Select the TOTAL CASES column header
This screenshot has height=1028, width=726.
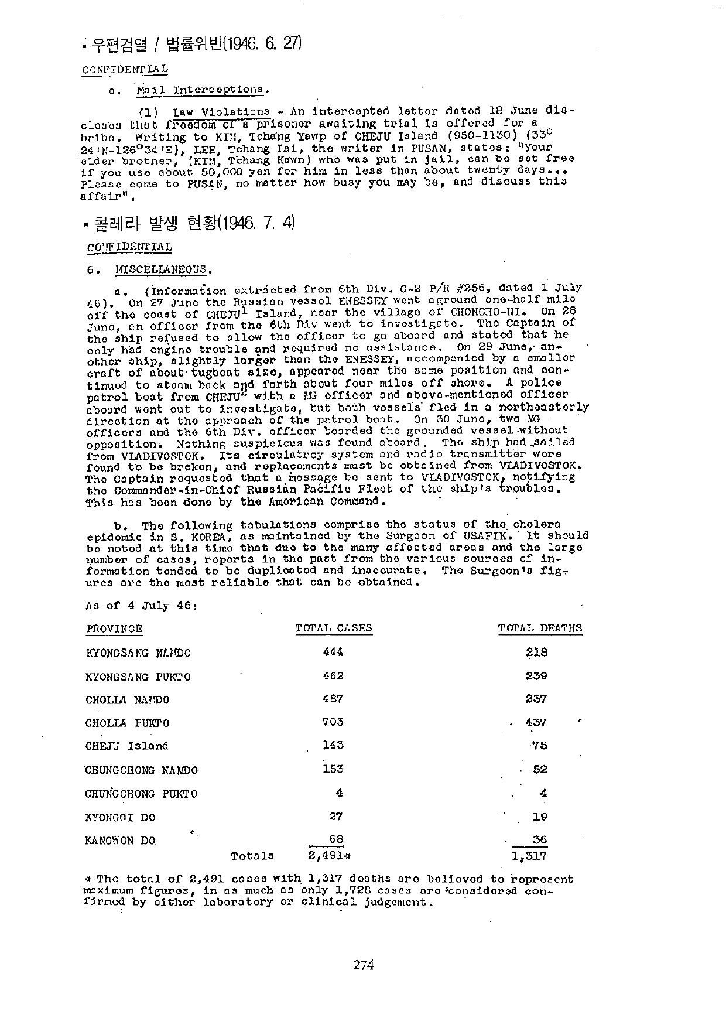333,629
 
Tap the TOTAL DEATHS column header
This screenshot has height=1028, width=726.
540,629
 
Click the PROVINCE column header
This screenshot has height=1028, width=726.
114,629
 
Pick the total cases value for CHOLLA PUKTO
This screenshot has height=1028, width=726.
333,722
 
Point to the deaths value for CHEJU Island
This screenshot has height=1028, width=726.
539,746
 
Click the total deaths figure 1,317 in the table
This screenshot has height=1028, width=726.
529,856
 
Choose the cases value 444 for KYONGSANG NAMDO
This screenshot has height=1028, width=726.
333,652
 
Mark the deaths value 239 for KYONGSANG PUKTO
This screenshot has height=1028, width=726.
536,675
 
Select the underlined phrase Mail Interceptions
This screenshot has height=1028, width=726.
202,90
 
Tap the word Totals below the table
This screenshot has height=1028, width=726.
252,856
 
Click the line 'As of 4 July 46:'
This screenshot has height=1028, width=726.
141,606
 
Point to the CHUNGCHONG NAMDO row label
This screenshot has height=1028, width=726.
141,770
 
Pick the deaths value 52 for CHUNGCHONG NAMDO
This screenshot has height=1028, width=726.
540,769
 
